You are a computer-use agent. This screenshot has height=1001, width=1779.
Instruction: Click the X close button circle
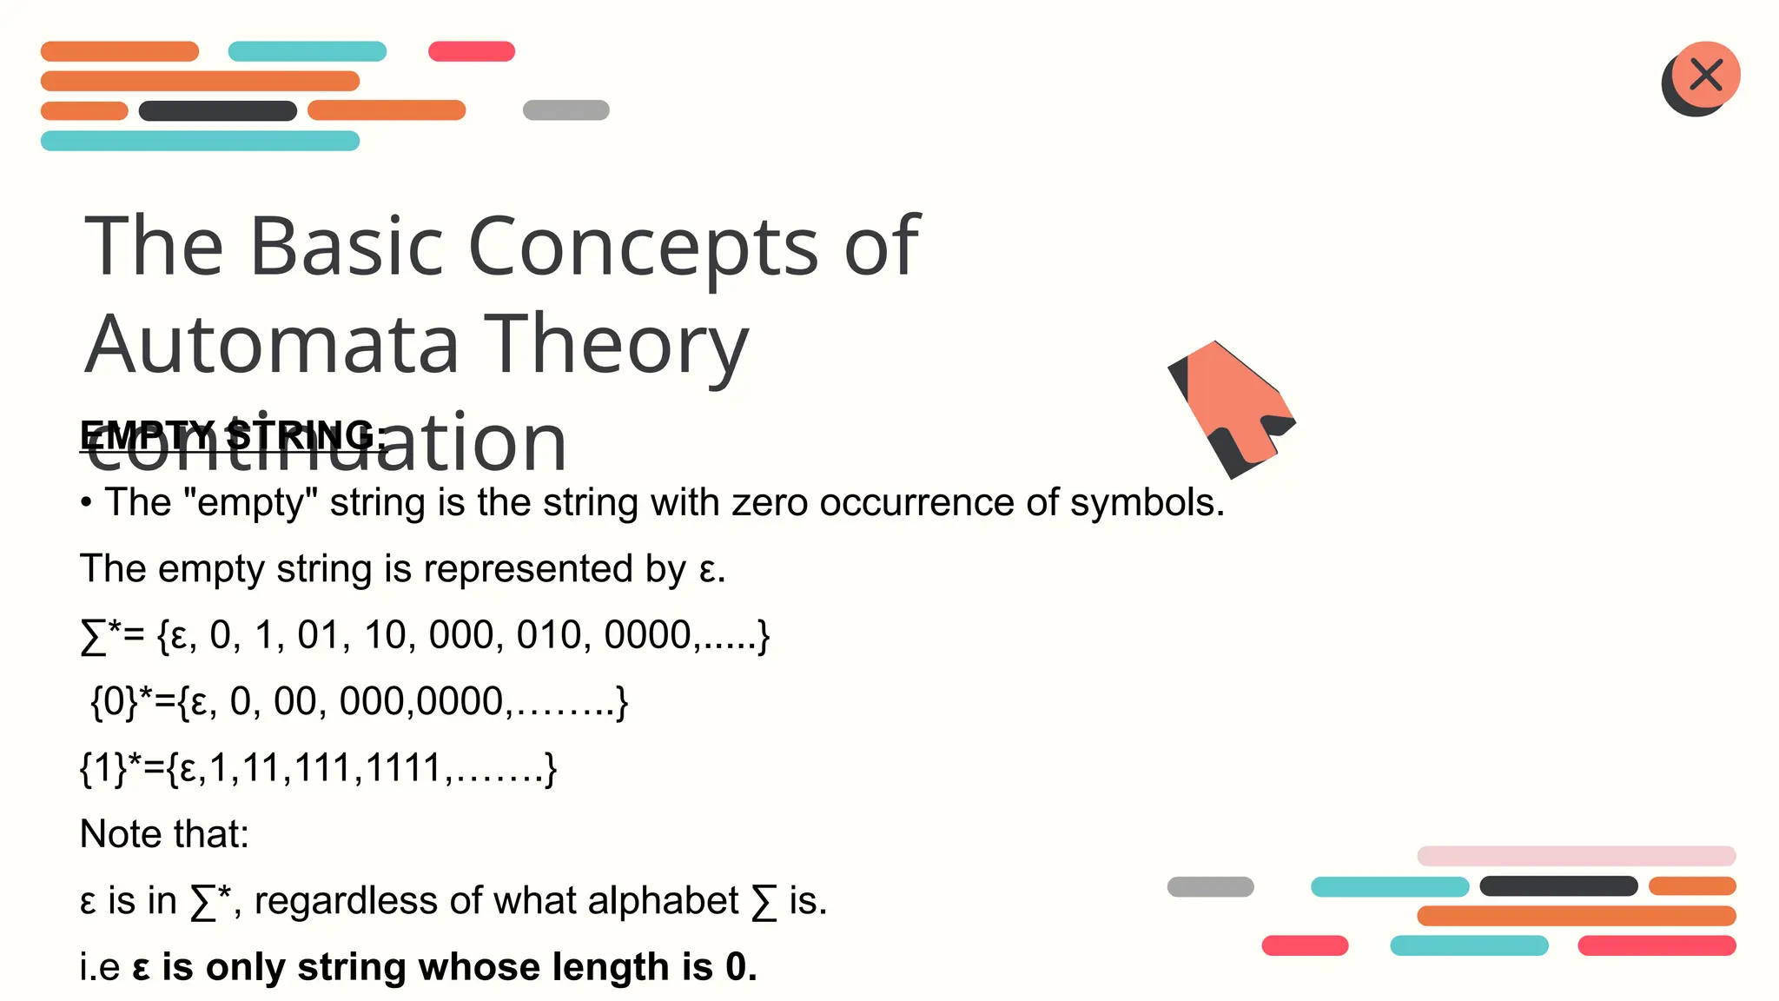[x=1706, y=75]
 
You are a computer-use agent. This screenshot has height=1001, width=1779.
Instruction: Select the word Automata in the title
[x=271, y=345]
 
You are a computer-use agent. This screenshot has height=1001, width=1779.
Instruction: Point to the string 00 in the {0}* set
[x=294, y=702]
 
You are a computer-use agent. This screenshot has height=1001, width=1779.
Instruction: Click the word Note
[x=119, y=835]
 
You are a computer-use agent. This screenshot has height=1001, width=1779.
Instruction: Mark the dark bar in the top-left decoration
[x=217, y=111]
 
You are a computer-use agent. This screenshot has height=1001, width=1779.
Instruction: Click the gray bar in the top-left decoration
[x=565, y=110]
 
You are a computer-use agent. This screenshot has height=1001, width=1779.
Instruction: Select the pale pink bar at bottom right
[x=1576, y=856]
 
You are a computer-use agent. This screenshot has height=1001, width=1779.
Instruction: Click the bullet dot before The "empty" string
[x=86, y=504]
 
